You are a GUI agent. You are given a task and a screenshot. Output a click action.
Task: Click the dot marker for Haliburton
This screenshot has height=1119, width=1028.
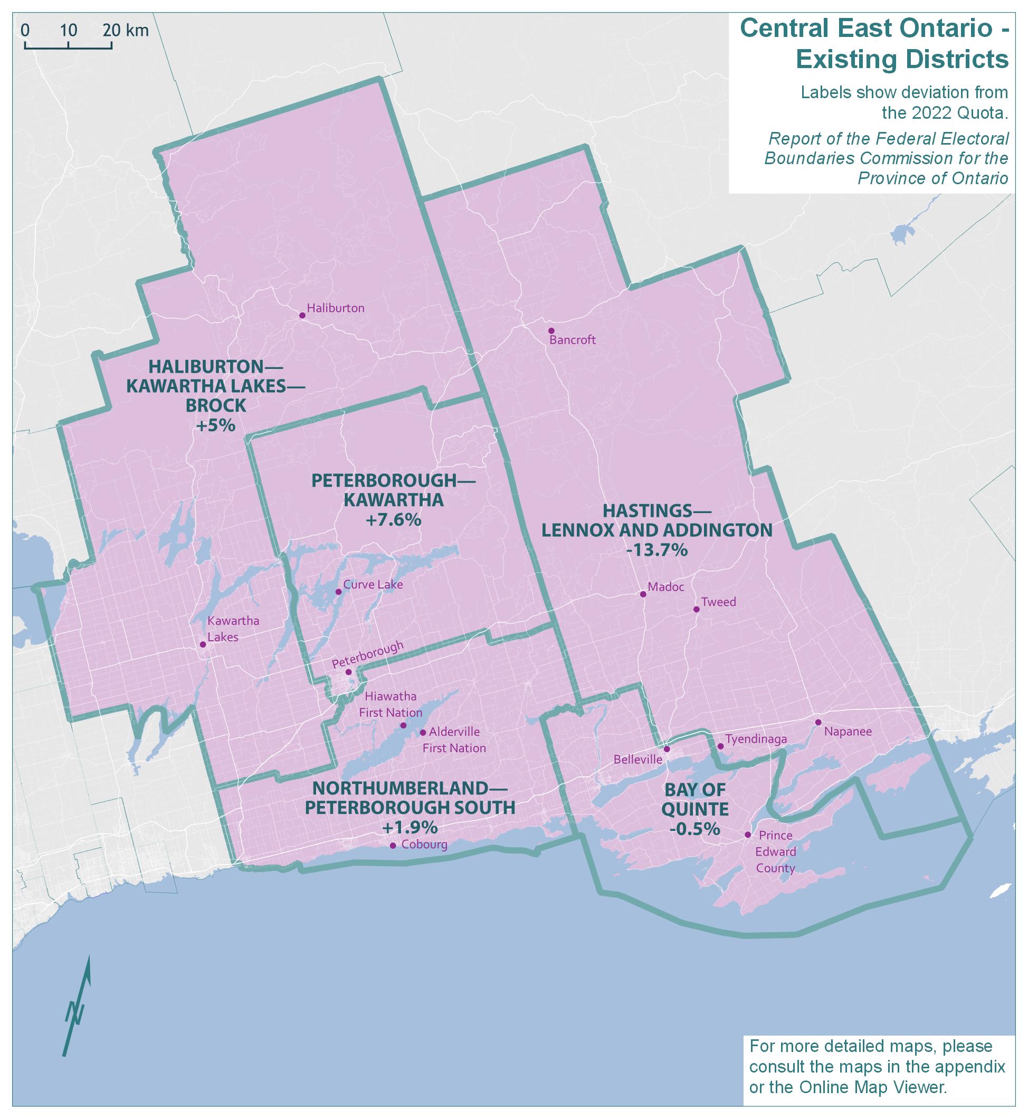(302, 316)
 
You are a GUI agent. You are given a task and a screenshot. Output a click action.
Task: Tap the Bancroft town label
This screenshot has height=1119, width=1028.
(573, 340)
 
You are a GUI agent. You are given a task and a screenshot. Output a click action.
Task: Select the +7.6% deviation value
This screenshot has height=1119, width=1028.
(393, 520)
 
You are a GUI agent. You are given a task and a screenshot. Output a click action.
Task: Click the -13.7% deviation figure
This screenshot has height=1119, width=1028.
(657, 551)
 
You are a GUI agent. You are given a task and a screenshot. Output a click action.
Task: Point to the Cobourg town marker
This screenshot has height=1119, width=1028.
(393, 846)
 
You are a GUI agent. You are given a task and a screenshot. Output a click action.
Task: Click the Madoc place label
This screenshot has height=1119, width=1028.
(666, 587)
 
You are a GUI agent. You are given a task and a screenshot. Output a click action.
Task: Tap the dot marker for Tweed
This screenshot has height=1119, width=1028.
(697, 609)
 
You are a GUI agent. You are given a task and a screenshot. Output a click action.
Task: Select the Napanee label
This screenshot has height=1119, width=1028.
(847, 732)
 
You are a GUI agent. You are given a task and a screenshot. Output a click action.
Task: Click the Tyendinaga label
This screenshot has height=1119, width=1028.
(756, 739)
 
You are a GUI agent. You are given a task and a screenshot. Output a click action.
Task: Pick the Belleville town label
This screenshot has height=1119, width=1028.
(637, 760)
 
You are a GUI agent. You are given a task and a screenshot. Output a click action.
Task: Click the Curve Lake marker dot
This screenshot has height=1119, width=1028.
(338, 592)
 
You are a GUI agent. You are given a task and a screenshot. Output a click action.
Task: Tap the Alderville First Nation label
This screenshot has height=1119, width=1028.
(454, 740)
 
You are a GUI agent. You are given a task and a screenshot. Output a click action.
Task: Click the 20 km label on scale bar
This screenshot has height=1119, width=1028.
(126, 30)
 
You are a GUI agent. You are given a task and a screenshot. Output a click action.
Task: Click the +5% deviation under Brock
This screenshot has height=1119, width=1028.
(215, 425)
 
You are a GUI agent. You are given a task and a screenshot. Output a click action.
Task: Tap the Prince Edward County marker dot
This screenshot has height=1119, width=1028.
(748, 834)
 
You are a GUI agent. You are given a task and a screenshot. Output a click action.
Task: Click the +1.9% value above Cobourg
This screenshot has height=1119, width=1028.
(410, 828)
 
